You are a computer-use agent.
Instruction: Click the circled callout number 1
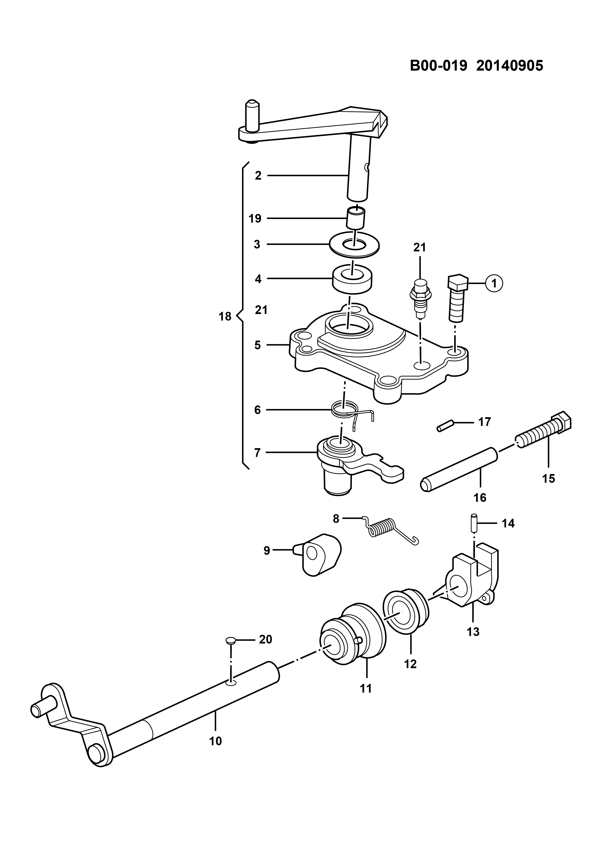tap(494, 283)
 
